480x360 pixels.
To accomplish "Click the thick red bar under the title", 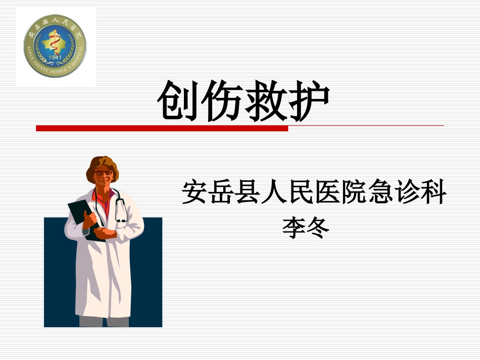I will pyautogui.click(x=162, y=128).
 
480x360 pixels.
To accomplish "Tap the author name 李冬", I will pyautogui.click(x=306, y=228).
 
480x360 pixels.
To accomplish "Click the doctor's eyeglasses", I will pyautogui.click(x=104, y=173).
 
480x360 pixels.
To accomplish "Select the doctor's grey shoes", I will pyautogui.click(x=104, y=322).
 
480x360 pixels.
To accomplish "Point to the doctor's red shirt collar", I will pyautogui.click(x=104, y=194).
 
